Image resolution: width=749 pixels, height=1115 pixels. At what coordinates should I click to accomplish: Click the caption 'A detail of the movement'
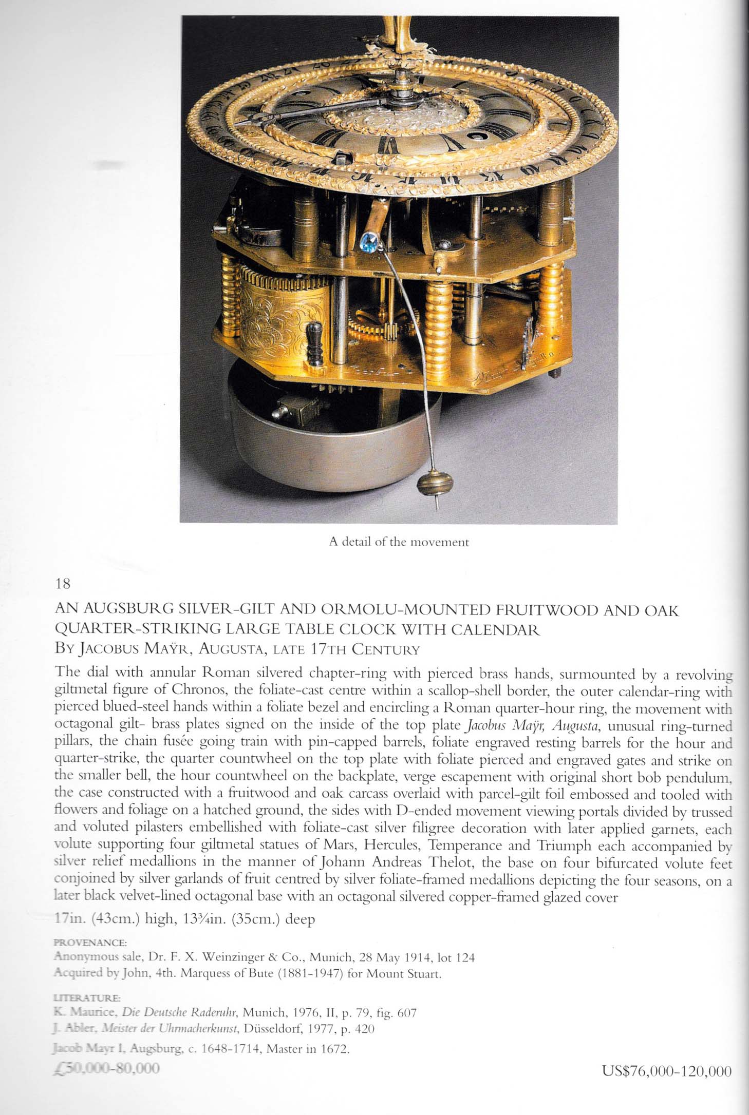(x=399, y=542)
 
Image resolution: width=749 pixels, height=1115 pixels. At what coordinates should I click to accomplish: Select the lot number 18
(x=62, y=584)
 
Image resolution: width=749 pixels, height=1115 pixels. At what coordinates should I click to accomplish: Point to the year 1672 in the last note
(x=333, y=1049)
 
